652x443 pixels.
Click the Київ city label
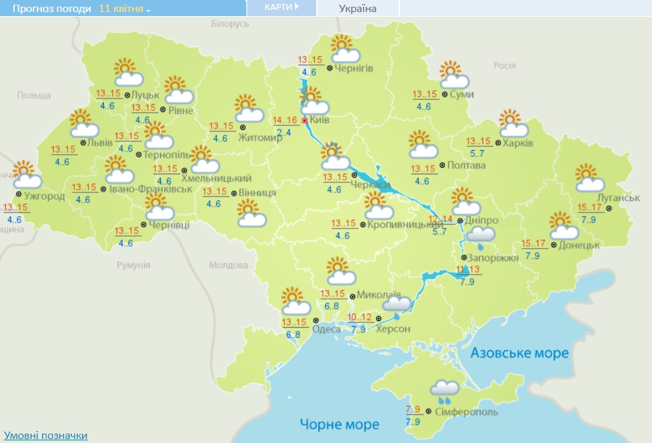coord(319,121)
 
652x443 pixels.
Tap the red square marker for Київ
coord(305,121)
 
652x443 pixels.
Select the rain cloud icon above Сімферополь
coord(444,391)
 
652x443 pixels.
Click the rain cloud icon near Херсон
coord(396,306)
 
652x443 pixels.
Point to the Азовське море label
coord(519,353)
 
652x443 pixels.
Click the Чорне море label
coord(339,424)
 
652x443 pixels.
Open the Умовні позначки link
coord(45,436)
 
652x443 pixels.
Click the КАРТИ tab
coord(281,7)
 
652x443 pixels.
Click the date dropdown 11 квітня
coord(125,9)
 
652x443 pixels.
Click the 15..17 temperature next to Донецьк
coord(533,244)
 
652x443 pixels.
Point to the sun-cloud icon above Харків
coord(514,124)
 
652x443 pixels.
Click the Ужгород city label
coord(46,196)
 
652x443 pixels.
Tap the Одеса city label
coord(326,328)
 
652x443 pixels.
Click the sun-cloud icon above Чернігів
coord(342,48)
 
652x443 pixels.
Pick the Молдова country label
coord(229,265)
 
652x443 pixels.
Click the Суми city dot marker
coord(445,94)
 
